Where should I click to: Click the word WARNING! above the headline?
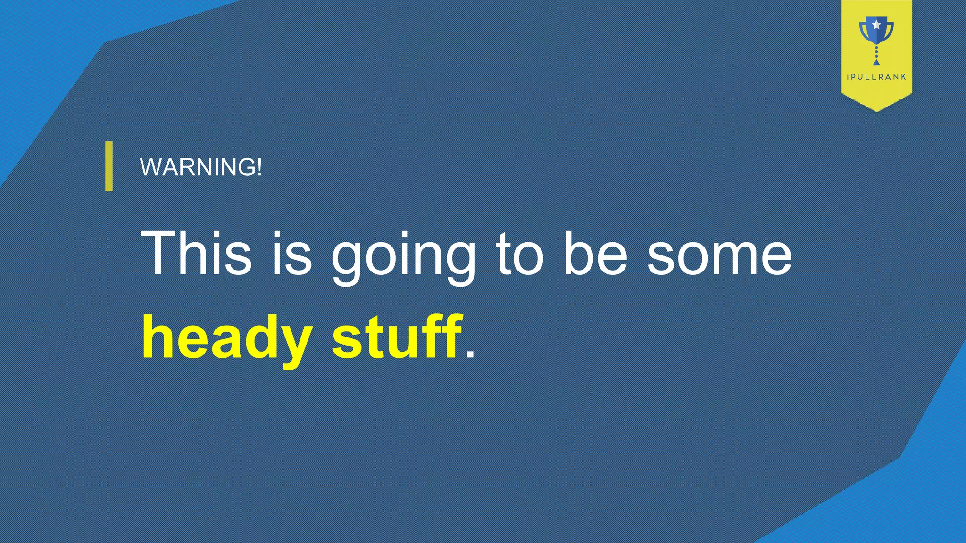[200, 167]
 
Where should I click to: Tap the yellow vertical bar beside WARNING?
[109, 166]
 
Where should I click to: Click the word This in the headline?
[196, 253]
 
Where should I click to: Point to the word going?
[404, 257]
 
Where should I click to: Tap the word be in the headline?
[596, 253]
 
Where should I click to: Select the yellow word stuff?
[396, 337]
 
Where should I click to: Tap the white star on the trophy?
[876, 24]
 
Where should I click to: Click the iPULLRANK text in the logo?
[876, 77]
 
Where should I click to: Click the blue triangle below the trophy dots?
[876, 62]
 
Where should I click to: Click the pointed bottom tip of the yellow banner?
[876, 110]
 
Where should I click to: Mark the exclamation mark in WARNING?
[259, 167]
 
